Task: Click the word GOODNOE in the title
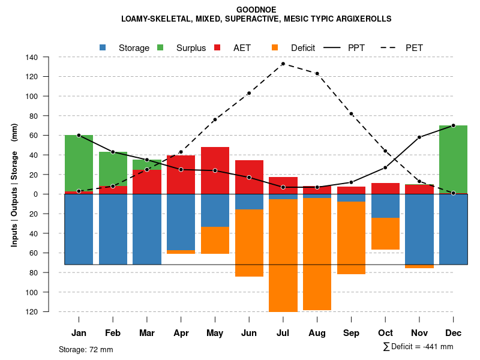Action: [256, 10]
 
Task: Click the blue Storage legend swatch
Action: [103, 47]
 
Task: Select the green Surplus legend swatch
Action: [160, 47]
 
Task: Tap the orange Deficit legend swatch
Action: [275, 47]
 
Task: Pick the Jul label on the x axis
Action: [283, 333]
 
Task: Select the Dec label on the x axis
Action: [453, 333]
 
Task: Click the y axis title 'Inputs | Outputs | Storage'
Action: [14, 185]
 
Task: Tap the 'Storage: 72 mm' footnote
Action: [86, 349]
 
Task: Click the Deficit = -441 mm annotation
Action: [418, 346]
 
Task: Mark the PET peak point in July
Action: [283, 64]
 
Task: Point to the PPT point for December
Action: [453, 125]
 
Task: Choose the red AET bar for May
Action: [215, 170]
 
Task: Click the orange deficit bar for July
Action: [283, 255]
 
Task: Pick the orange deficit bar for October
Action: [385, 233]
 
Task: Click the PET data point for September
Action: [351, 114]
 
